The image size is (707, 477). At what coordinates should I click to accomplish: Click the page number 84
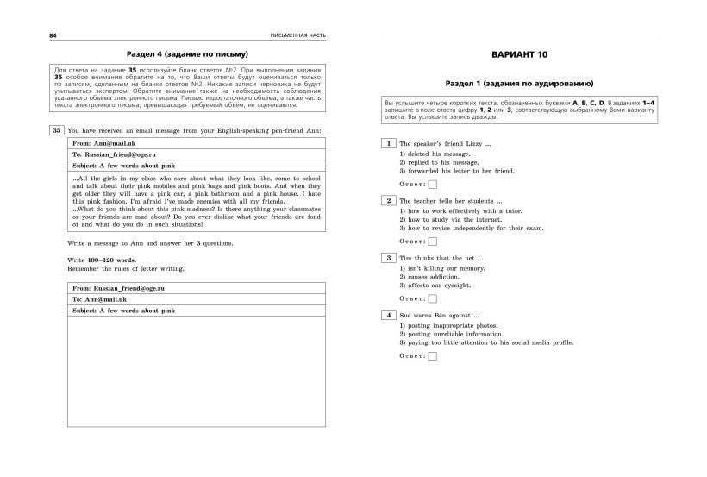(x=29, y=35)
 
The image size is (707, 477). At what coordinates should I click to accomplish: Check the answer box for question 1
(x=433, y=184)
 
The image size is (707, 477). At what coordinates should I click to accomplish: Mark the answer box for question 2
(x=433, y=241)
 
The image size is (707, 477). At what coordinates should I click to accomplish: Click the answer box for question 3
(x=433, y=298)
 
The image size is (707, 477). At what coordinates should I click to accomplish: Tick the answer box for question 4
(x=433, y=355)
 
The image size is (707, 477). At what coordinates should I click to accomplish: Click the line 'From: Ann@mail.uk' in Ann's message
(x=103, y=142)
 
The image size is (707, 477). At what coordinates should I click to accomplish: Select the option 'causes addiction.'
(x=437, y=276)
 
